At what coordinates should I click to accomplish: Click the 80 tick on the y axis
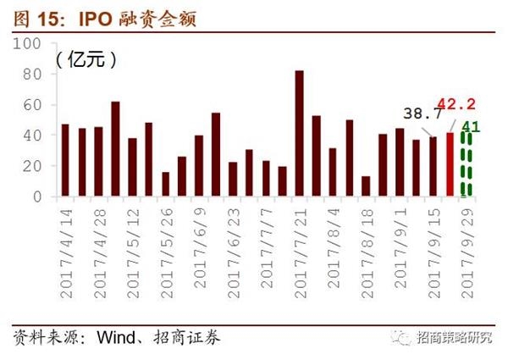(31, 74)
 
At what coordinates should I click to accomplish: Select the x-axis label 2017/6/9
(199, 245)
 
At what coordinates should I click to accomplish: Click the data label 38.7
(422, 112)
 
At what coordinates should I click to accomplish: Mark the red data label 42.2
(456, 104)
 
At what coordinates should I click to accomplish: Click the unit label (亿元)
(86, 59)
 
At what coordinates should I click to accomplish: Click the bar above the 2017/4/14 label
(65, 160)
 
